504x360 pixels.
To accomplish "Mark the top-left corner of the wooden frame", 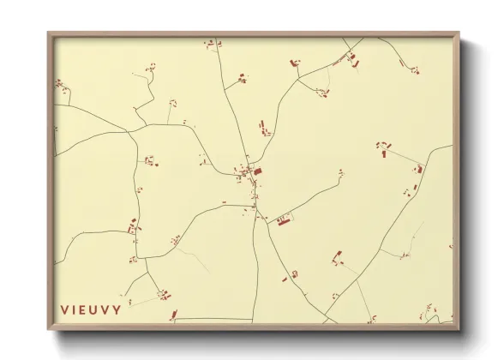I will (48, 33).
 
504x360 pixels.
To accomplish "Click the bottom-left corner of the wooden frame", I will (48, 330).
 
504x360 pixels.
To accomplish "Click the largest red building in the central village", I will (257, 171).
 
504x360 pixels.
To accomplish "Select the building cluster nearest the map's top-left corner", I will (61, 84).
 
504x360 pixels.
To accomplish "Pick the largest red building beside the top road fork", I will (355, 62).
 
